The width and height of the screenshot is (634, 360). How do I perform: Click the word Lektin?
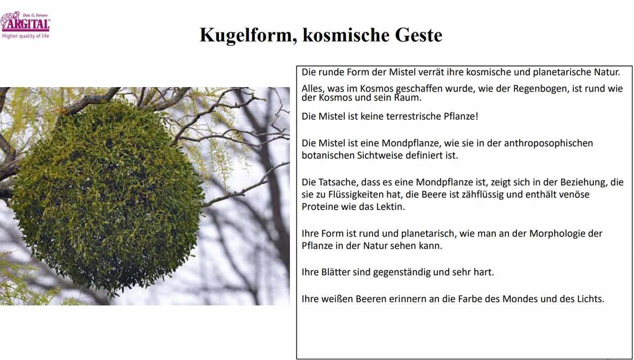[390, 207]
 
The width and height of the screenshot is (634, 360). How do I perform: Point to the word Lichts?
[590, 299]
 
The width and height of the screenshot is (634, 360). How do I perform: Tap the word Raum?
[410, 97]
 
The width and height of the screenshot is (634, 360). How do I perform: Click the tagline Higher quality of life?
[25, 36]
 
